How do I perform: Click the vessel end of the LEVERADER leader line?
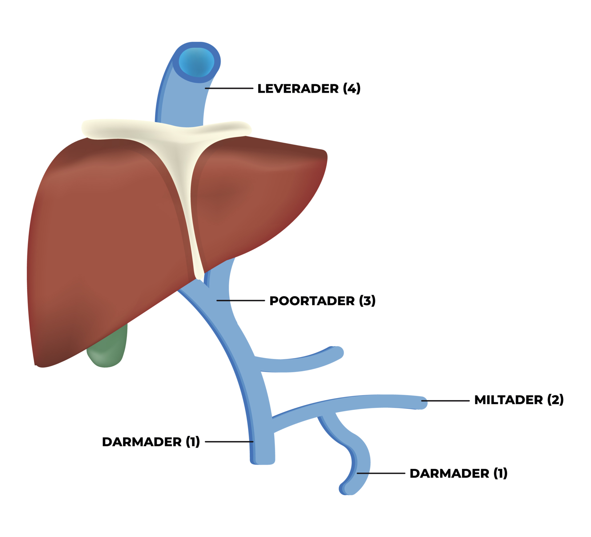click(205, 88)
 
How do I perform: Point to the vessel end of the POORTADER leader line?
click(217, 300)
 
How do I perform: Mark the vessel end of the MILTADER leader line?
click(422, 401)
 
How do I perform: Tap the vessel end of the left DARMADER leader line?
click(253, 442)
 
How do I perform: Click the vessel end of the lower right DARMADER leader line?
click(357, 473)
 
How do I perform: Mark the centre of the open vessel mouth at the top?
click(196, 62)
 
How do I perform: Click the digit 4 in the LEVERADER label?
click(352, 89)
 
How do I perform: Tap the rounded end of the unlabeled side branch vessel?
click(338, 352)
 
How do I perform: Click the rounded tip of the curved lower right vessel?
click(345, 488)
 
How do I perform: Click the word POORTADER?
click(312, 301)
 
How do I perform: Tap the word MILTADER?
click(509, 400)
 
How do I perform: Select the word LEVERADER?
click(298, 89)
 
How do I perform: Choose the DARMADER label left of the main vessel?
click(151, 442)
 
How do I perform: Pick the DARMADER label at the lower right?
click(459, 473)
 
